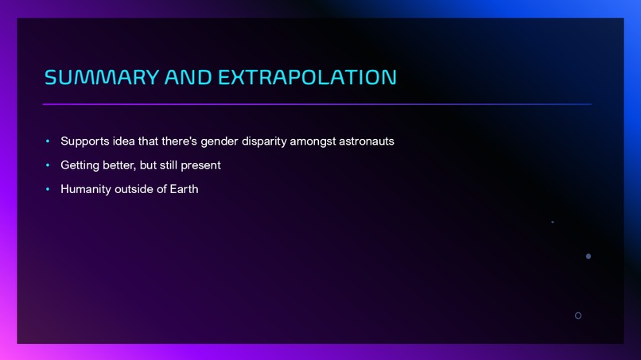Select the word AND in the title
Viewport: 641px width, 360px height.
click(188, 77)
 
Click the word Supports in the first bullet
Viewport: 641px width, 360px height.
click(85, 141)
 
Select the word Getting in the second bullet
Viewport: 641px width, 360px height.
click(80, 165)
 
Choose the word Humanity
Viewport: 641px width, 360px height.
click(86, 189)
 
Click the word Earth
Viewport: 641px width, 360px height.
click(183, 189)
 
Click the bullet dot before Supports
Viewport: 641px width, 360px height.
click(48, 141)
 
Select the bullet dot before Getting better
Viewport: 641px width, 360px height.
click(48, 165)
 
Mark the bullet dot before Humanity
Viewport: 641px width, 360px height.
click(48, 189)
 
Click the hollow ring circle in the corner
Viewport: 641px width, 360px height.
click(578, 315)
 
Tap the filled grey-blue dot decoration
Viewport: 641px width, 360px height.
click(589, 257)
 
